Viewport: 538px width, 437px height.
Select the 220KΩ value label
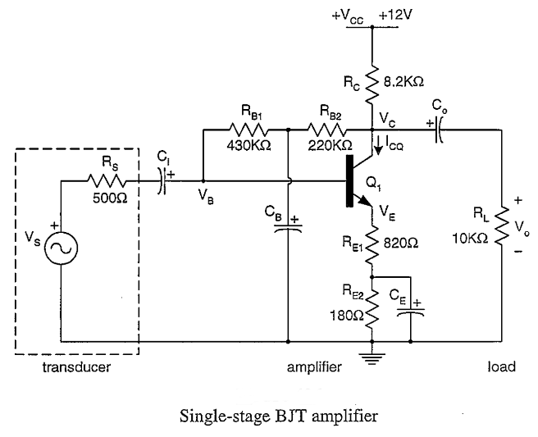tap(326, 146)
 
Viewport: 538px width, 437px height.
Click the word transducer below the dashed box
tap(76, 367)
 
